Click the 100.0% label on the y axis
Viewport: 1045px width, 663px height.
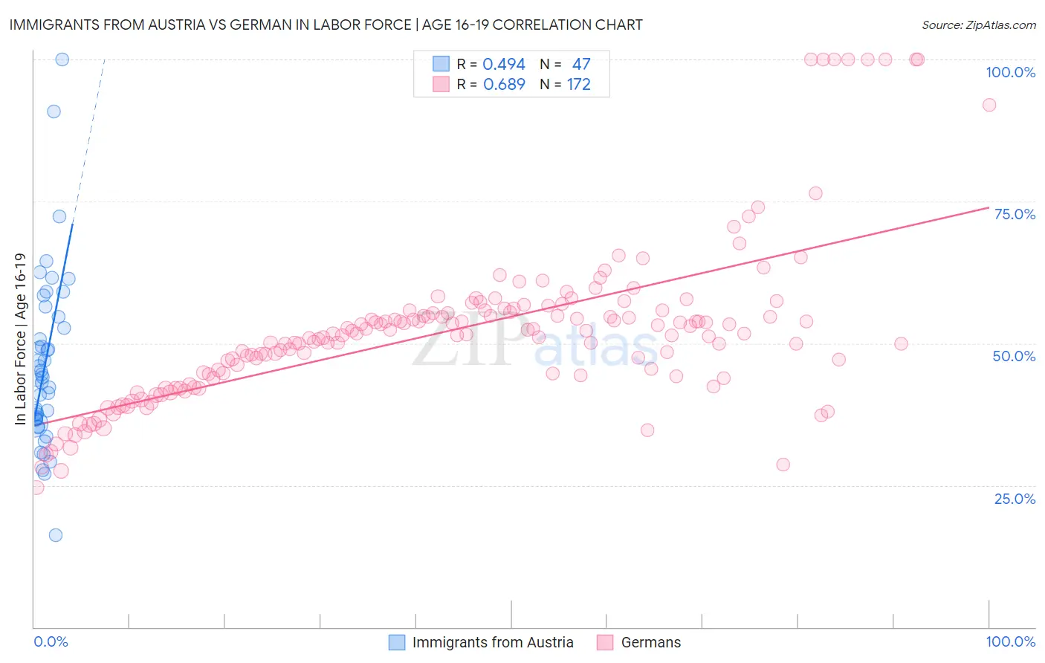click(x=1010, y=72)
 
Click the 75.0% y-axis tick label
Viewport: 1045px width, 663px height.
click(x=1015, y=214)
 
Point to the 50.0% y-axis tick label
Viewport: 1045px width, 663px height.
click(x=1014, y=356)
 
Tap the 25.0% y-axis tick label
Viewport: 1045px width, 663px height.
click(x=1015, y=499)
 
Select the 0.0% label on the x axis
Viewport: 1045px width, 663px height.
click(x=51, y=641)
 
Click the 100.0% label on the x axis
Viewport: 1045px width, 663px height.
click(x=1010, y=641)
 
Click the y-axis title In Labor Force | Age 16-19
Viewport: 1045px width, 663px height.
click(x=20, y=339)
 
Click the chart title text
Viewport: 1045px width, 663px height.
click(x=326, y=25)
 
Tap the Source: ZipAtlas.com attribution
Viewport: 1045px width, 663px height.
click(x=978, y=25)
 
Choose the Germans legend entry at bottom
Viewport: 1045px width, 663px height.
click(x=650, y=642)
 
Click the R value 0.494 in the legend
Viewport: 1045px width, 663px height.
click(x=504, y=65)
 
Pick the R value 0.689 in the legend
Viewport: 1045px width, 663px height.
click(x=504, y=85)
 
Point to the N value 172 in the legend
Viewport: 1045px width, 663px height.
click(x=578, y=85)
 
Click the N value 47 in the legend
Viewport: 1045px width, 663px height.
click(x=580, y=65)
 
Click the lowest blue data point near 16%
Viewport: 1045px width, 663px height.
click(x=55, y=535)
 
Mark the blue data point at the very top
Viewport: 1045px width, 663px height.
click(x=62, y=59)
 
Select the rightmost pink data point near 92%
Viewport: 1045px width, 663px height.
click(x=989, y=105)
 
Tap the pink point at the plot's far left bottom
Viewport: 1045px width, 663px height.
click(x=36, y=488)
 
